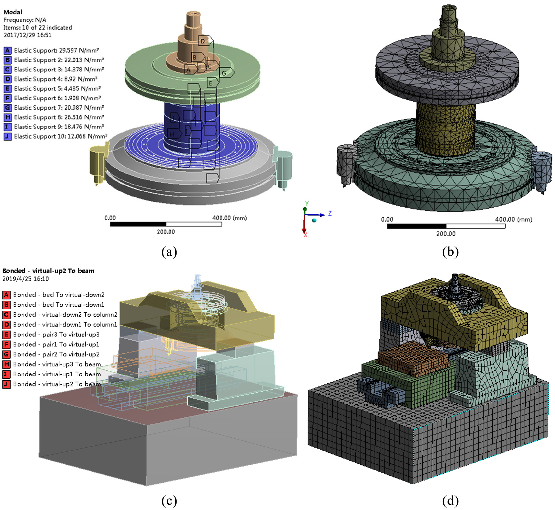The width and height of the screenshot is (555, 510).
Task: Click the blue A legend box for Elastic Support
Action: click(x=7, y=50)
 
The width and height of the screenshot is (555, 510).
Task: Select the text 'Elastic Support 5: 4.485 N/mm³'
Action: click(x=58, y=89)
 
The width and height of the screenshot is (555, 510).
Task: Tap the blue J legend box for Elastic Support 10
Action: click(x=7, y=136)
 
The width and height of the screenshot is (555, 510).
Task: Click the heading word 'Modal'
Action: click(x=13, y=12)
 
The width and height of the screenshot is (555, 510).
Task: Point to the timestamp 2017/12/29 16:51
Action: click(x=28, y=35)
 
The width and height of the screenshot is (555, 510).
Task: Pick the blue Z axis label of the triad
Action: click(x=330, y=213)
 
